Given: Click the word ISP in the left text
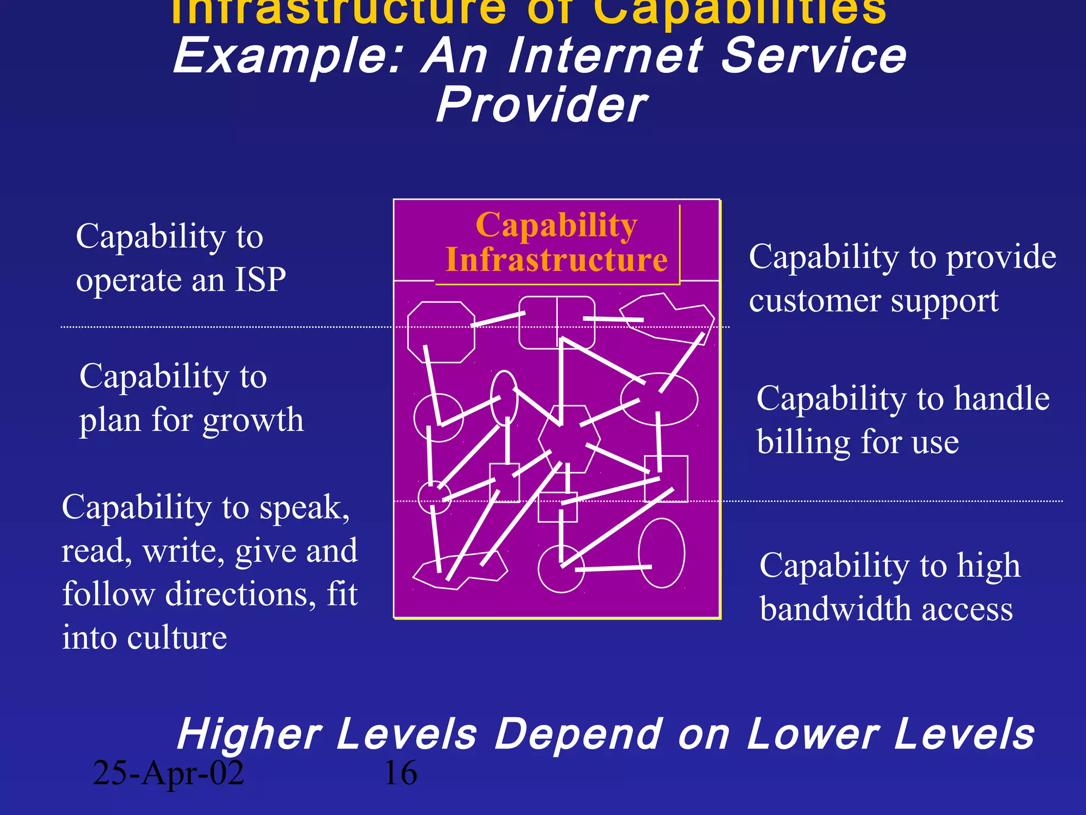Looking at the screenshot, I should [260, 280].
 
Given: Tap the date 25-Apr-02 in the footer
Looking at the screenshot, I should [168, 773].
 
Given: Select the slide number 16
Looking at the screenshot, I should [400, 773].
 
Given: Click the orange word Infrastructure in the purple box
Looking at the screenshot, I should [556, 260].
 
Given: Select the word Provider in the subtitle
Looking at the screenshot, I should [541, 105].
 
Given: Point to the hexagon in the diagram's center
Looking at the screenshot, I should [570, 439].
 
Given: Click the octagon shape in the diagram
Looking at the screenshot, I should [441, 333].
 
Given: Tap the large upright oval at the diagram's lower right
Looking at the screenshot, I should [662, 553].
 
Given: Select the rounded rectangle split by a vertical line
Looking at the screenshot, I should [557, 323].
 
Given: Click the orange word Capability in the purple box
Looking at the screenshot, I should [556, 225].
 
